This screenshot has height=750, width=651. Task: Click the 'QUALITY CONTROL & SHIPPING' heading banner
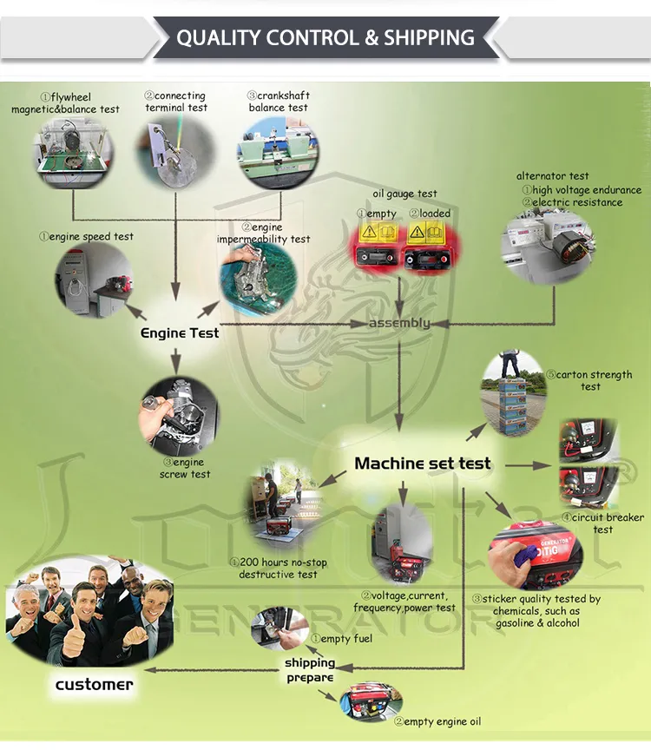pyautogui.click(x=325, y=38)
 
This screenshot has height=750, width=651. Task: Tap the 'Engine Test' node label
pyautogui.click(x=180, y=332)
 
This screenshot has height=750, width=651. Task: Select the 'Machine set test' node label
pyautogui.click(x=423, y=464)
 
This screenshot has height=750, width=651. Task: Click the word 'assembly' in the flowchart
pyautogui.click(x=399, y=323)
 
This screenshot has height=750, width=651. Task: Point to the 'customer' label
pyautogui.click(x=94, y=684)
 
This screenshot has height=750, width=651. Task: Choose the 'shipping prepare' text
pyautogui.click(x=310, y=670)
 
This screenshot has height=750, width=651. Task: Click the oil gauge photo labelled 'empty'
pyautogui.click(x=379, y=247)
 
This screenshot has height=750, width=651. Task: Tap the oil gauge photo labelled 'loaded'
pyautogui.click(x=428, y=247)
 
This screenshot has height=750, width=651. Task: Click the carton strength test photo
pyautogui.click(x=512, y=392)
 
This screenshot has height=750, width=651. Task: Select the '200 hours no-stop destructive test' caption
pyautogui.click(x=279, y=569)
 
